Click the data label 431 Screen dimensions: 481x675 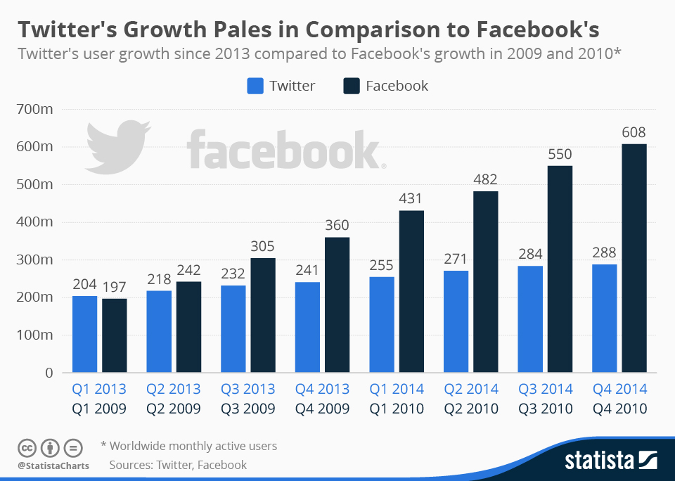(x=411, y=199)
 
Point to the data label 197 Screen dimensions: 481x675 (x=114, y=287)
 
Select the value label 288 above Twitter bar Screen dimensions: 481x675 (x=604, y=252)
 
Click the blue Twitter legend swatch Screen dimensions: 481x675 (x=255, y=86)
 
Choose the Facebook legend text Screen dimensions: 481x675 (x=397, y=86)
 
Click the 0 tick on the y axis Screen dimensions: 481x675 (x=49, y=373)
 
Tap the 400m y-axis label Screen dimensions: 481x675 (x=34, y=222)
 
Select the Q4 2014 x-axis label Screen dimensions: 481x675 (x=619, y=389)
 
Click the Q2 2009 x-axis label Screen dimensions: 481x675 (x=174, y=409)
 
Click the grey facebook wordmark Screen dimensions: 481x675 (x=285, y=149)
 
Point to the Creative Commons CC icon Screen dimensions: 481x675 (x=27, y=447)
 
